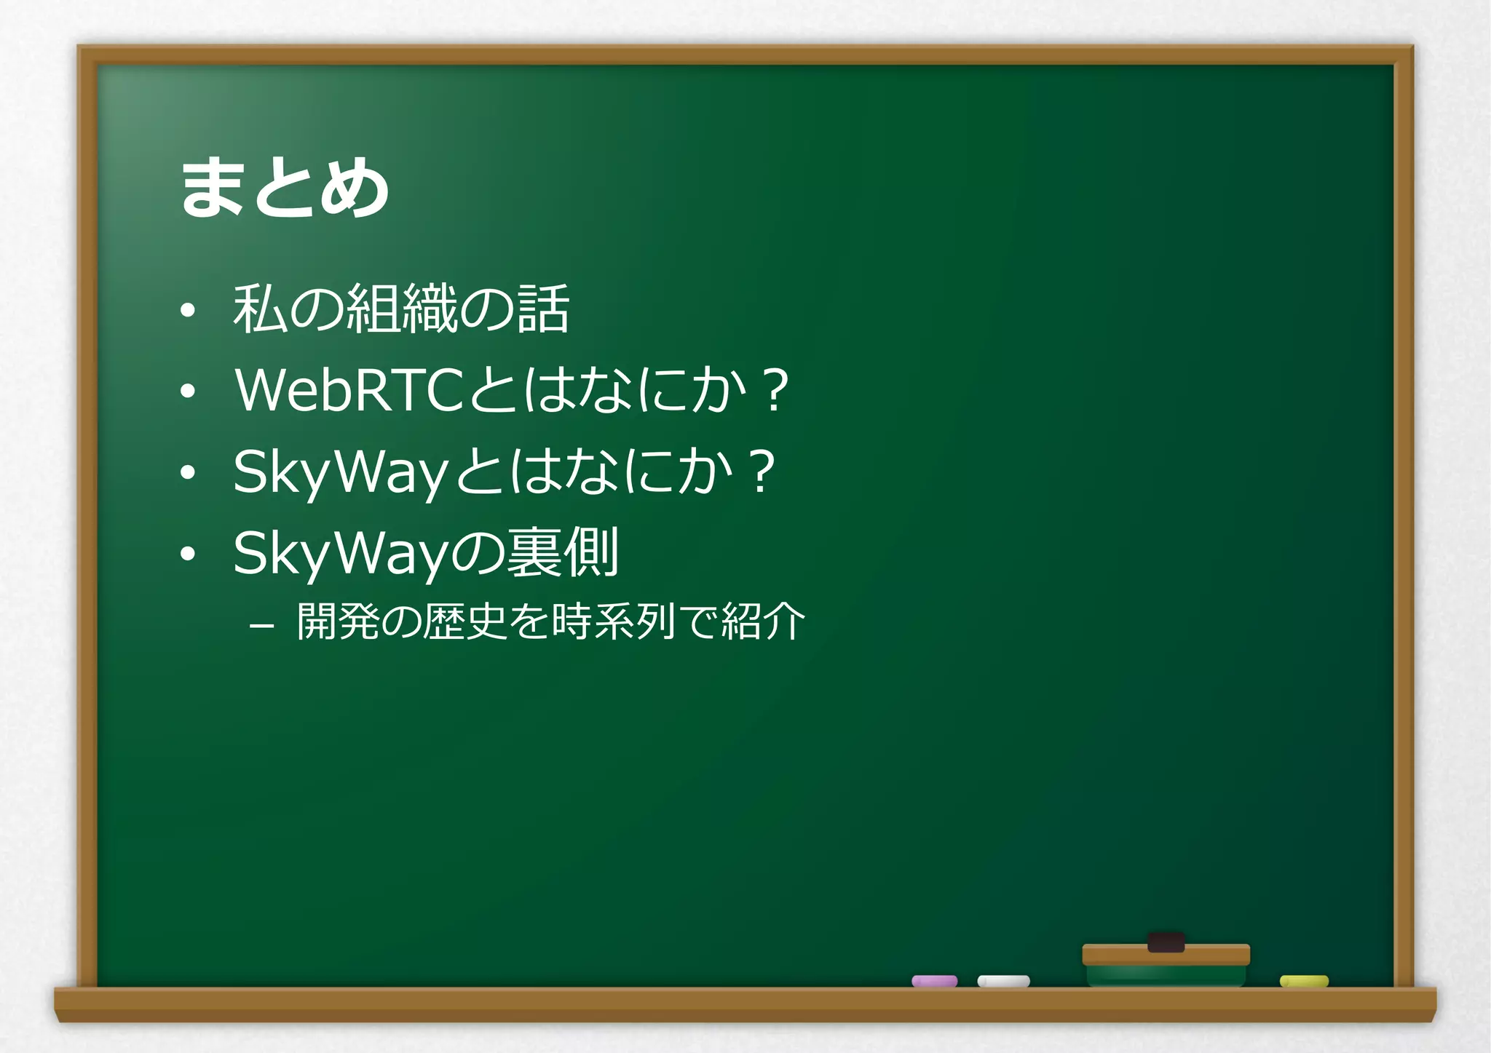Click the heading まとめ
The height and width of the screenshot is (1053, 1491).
coord(284,188)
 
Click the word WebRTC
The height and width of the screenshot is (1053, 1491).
coord(349,390)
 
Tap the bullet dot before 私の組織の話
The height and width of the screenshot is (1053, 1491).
coord(188,311)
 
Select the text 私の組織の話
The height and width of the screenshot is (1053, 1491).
coord(400,309)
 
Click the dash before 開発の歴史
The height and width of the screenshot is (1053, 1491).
coord(261,625)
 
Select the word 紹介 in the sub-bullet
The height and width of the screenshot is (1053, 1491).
coord(763,622)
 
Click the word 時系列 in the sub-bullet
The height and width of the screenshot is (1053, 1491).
coord(614,622)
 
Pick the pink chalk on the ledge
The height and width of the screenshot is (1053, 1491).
coord(934,981)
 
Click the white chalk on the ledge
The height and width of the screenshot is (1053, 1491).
coord(1003,981)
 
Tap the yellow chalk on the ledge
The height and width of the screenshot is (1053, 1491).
coord(1304,981)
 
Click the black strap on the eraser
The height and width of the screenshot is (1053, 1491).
coord(1166,942)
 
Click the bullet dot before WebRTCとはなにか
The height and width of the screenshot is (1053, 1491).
coord(188,392)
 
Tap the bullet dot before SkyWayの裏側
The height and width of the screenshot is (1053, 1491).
coord(188,555)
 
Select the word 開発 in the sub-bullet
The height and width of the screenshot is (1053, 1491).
coord(338,622)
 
